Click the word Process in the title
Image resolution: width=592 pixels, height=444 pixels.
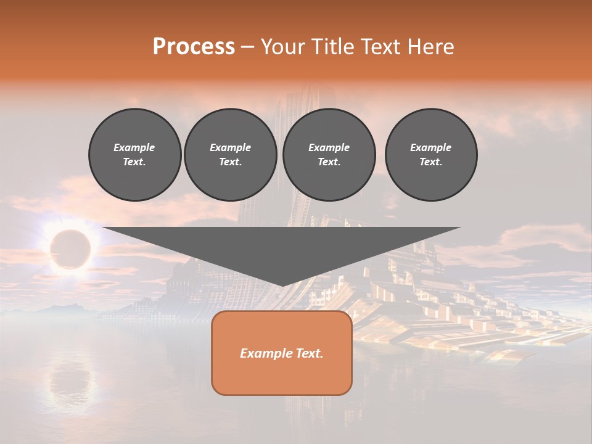(194, 47)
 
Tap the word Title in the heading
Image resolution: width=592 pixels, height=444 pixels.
(330, 47)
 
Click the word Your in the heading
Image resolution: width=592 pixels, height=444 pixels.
(284, 47)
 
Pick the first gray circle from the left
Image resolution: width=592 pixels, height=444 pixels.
(135, 155)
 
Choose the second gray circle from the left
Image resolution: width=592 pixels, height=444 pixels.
(231, 155)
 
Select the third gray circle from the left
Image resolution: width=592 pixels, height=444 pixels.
(329, 155)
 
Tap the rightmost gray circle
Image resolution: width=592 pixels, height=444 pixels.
(431, 155)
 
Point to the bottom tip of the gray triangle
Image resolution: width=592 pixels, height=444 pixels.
(282, 285)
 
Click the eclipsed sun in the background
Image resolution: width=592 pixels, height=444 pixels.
(70, 249)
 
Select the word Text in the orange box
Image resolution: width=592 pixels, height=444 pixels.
(308, 353)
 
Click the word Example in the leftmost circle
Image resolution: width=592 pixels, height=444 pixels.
(134, 147)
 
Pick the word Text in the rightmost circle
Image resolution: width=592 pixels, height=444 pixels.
(430, 162)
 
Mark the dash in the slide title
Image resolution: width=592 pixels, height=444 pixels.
(247, 47)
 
